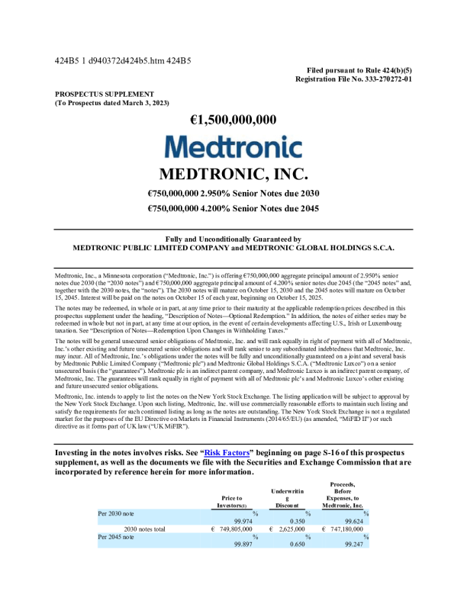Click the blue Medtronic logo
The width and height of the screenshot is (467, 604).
tap(233, 147)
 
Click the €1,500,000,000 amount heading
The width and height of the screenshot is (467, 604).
tap(233, 119)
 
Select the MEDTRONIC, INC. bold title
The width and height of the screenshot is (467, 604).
tap(233, 172)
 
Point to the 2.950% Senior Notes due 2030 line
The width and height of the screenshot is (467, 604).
tap(233, 192)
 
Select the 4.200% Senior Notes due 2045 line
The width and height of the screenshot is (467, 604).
tap(233, 207)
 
